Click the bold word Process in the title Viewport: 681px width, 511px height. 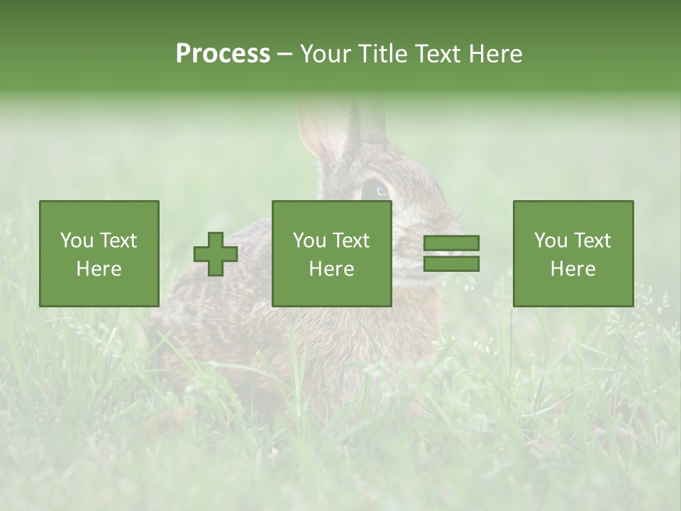coord(223,54)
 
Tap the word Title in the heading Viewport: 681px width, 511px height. coord(383,54)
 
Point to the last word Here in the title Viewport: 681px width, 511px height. coord(495,54)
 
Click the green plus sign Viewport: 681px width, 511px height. coord(216,254)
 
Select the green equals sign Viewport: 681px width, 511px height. coord(451,253)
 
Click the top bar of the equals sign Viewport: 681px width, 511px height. coord(451,243)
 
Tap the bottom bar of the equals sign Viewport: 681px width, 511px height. coord(451,264)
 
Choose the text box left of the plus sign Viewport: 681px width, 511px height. coord(99,253)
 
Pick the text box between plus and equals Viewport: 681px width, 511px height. coord(332,253)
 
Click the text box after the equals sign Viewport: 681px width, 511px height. coord(573,253)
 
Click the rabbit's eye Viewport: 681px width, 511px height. coord(375,190)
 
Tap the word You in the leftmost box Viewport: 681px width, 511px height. coord(77,241)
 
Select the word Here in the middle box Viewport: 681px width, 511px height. coord(332,268)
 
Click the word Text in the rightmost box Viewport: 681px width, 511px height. coord(592,241)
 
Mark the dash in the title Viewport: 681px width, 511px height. coord(284,54)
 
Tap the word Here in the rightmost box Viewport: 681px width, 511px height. coord(573,268)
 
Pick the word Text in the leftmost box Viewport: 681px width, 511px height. coord(118,241)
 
